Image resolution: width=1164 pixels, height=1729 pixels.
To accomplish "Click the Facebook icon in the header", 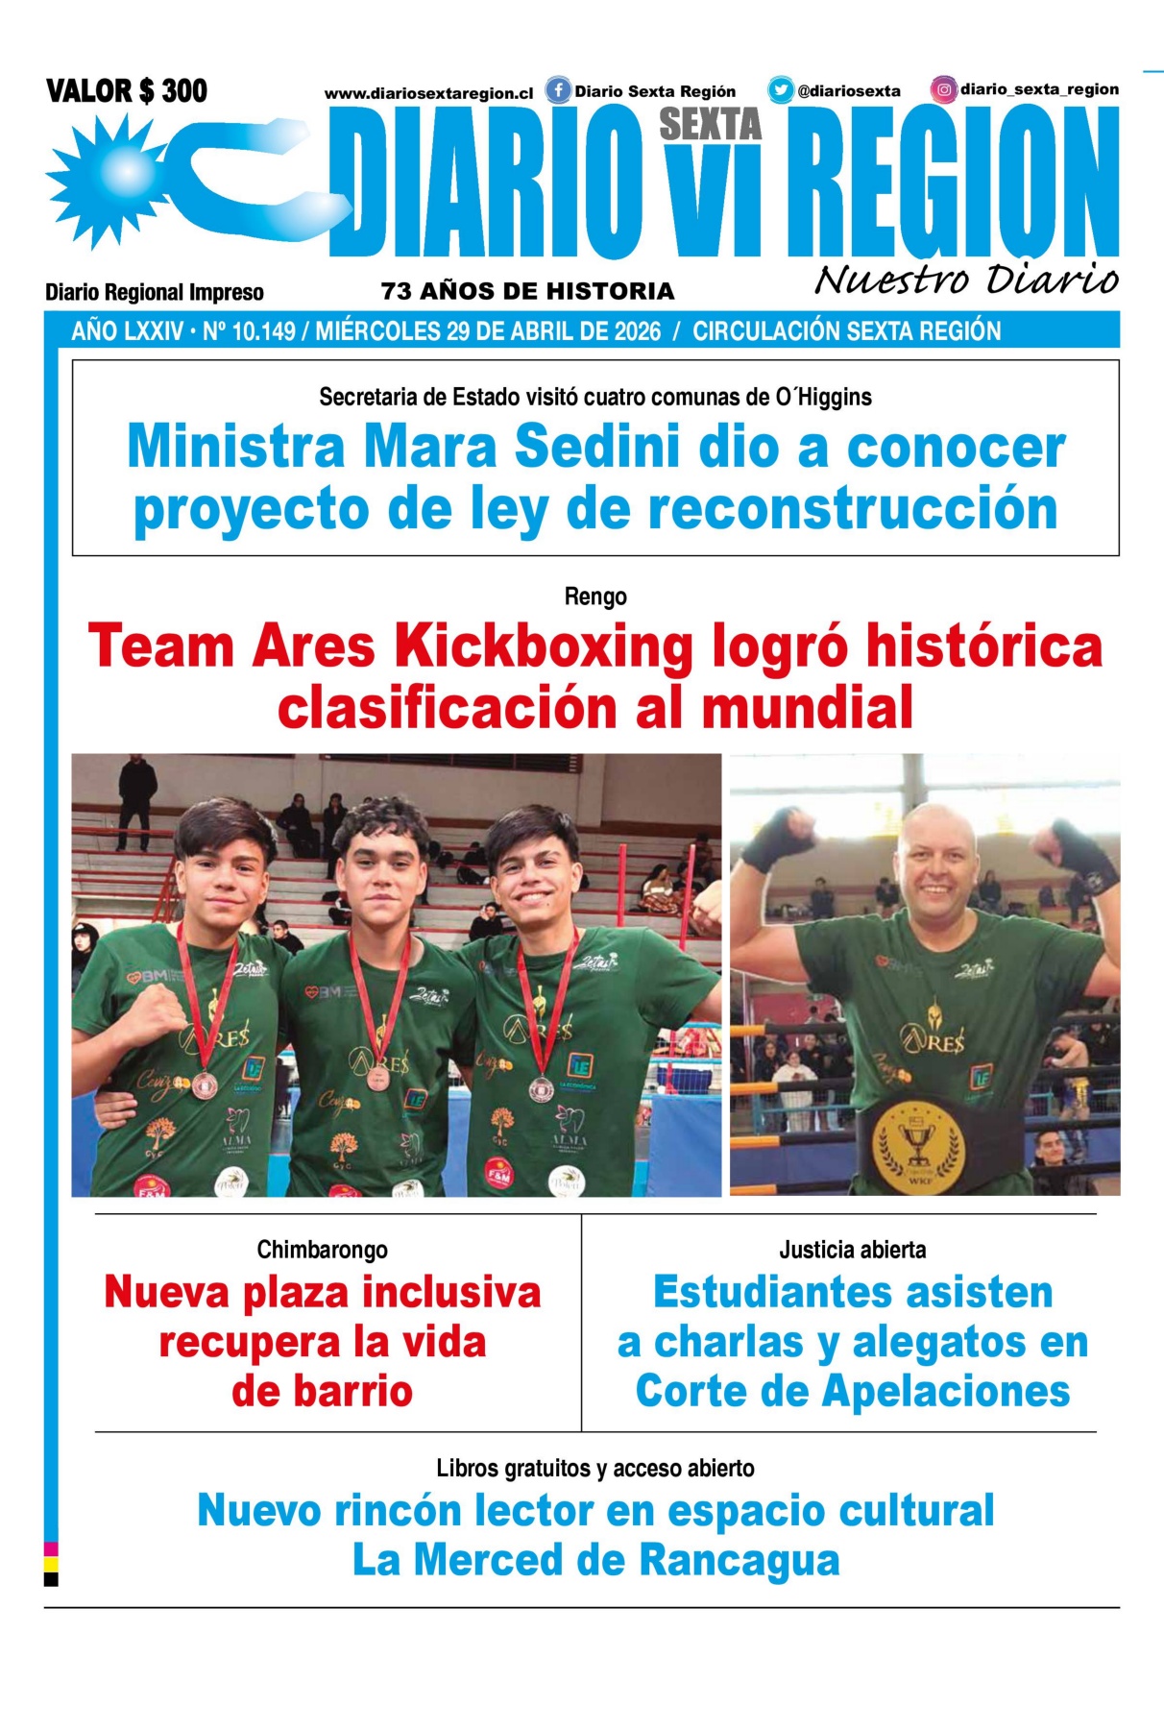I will coord(558,90).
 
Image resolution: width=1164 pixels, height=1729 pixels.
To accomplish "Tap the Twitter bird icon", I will coord(780,90).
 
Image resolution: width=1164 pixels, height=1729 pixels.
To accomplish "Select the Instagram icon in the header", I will coord(944,89).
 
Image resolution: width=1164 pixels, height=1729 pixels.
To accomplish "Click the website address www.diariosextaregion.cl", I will coord(428,93).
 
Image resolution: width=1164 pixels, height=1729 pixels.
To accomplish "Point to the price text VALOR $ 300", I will coord(126,91).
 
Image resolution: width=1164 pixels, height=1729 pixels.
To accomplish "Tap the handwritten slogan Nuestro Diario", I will coord(966,280).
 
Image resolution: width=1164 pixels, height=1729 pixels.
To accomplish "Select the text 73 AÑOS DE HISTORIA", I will coord(527,291).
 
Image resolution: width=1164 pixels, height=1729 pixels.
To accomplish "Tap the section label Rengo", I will coord(595,597).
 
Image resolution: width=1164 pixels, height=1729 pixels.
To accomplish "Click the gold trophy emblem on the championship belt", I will coord(916,1144).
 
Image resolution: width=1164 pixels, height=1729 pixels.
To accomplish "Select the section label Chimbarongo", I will coord(322,1250).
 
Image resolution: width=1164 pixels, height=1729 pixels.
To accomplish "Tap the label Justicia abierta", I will coord(852,1250).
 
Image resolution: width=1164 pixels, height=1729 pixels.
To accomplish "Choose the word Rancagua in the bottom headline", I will coord(739,1560).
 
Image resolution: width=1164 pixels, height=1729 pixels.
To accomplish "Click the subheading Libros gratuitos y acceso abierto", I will coord(594,1468).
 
